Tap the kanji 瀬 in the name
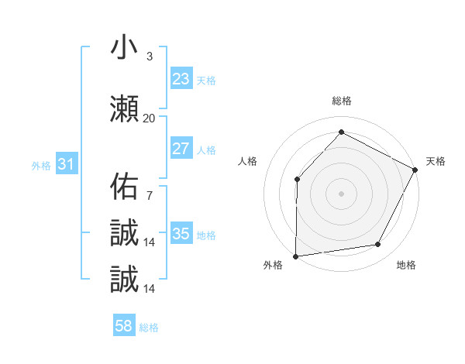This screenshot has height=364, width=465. click(x=124, y=108)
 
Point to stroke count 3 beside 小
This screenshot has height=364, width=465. click(x=149, y=57)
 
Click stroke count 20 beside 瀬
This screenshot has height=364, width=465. click(x=149, y=118)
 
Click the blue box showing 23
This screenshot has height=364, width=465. click(x=181, y=78)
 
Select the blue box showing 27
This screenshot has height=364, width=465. click(x=181, y=149)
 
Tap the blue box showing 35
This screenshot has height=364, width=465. click(x=181, y=234)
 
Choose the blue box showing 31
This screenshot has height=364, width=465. click(x=66, y=164)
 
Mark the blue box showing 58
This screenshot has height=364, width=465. click(x=124, y=326)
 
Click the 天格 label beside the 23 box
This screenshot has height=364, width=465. click(x=206, y=80)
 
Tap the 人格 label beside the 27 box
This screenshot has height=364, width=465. click(x=206, y=150)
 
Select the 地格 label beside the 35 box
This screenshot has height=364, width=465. click(x=206, y=235)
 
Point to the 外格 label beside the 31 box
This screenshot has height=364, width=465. click(x=41, y=166)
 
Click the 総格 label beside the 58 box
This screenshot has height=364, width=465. click(x=149, y=328)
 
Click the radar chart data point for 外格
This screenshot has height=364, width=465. click(x=295, y=256)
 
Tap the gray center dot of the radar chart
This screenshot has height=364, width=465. click(x=341, y=193)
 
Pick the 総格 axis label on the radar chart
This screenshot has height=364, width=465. click(x=341, y=101)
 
